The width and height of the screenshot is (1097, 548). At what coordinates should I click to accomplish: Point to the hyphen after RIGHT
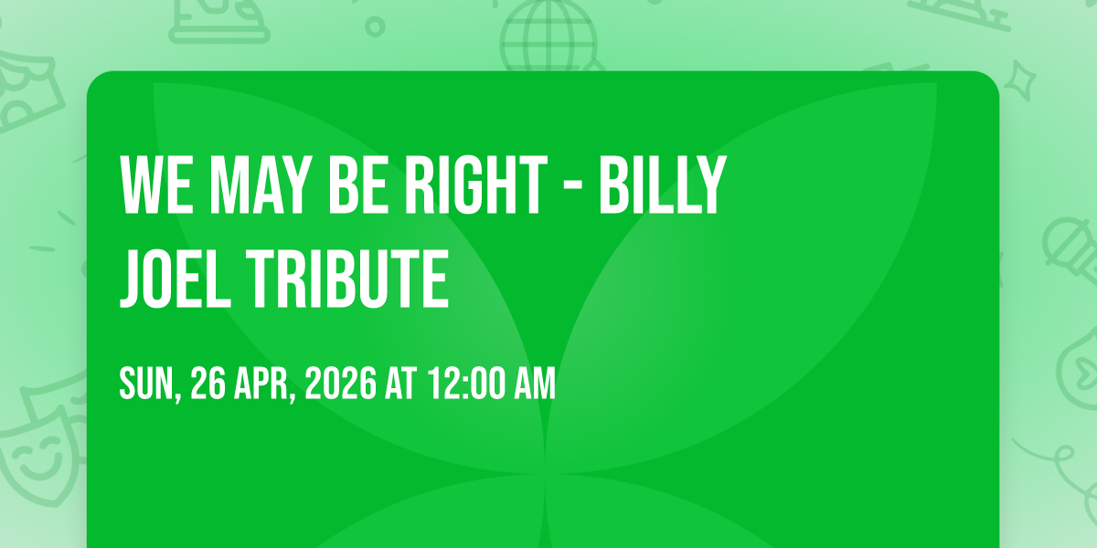pyautogui.click(x=572, y=186)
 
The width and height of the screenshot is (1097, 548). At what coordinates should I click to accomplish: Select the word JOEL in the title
pyautogui.click(x=175, y=279)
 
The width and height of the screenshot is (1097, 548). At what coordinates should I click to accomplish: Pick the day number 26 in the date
pyautogui.click(x=208, y=385)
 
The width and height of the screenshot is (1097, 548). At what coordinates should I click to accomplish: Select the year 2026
pyautogui.click(x=341, y=385)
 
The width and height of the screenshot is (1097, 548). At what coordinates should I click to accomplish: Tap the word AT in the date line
pyautogui.click(x=401, y=385)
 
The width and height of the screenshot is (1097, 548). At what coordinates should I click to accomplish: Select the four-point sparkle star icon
pyautogui.click(x=1020, y=79)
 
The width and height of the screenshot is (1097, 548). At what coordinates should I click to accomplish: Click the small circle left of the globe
pyautogui.click(x=375, y=26)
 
